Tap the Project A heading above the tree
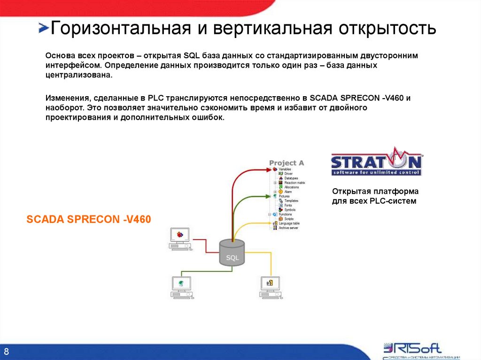point(286,163)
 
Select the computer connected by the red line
point(179,238)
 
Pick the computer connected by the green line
point(181,287)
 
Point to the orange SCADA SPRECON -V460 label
point(89,220)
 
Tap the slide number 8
point(7,352)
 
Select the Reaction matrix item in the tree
point(295,183)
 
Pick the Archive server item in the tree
point(289,228)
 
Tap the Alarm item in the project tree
point(287,191)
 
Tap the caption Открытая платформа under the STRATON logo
point(375,191)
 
